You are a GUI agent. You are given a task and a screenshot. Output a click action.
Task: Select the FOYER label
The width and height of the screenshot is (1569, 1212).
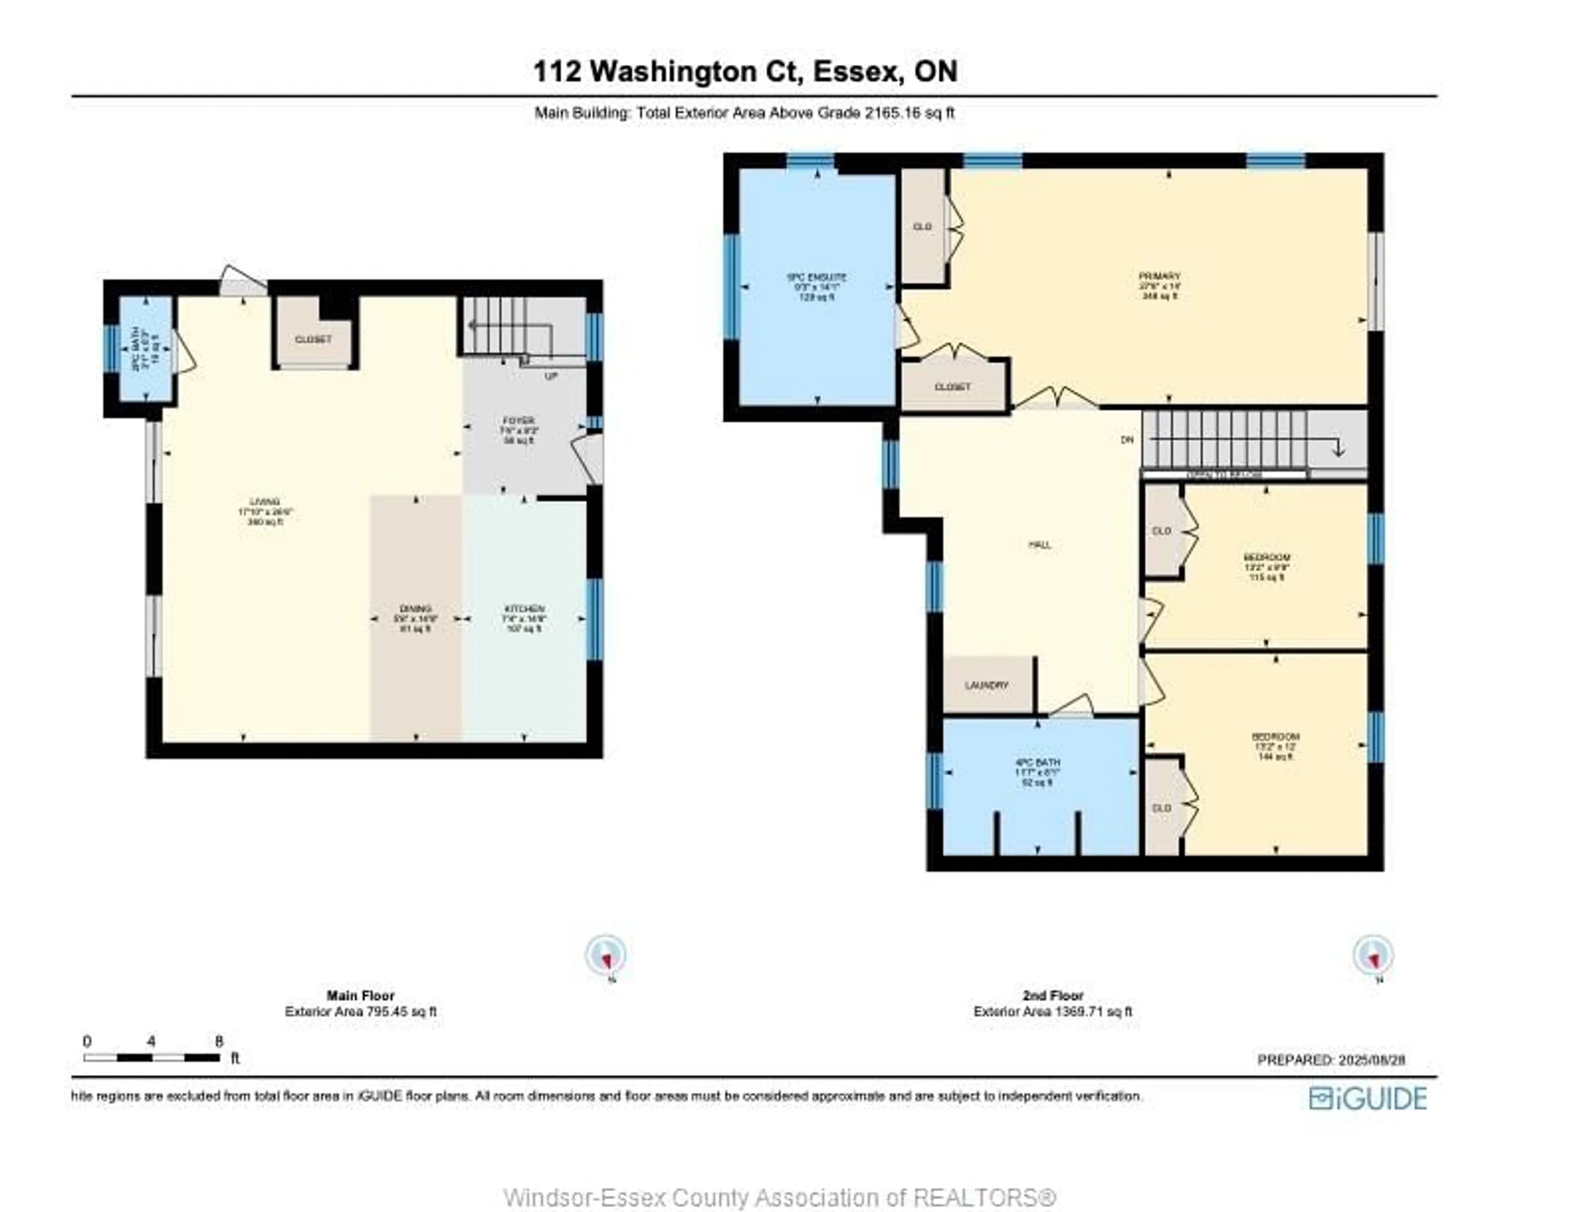point(518,421)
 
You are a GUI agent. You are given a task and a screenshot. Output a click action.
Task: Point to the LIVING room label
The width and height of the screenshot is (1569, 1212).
point(264,502)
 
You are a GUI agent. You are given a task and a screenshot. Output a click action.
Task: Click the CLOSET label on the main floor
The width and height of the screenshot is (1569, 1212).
point(313,339)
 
